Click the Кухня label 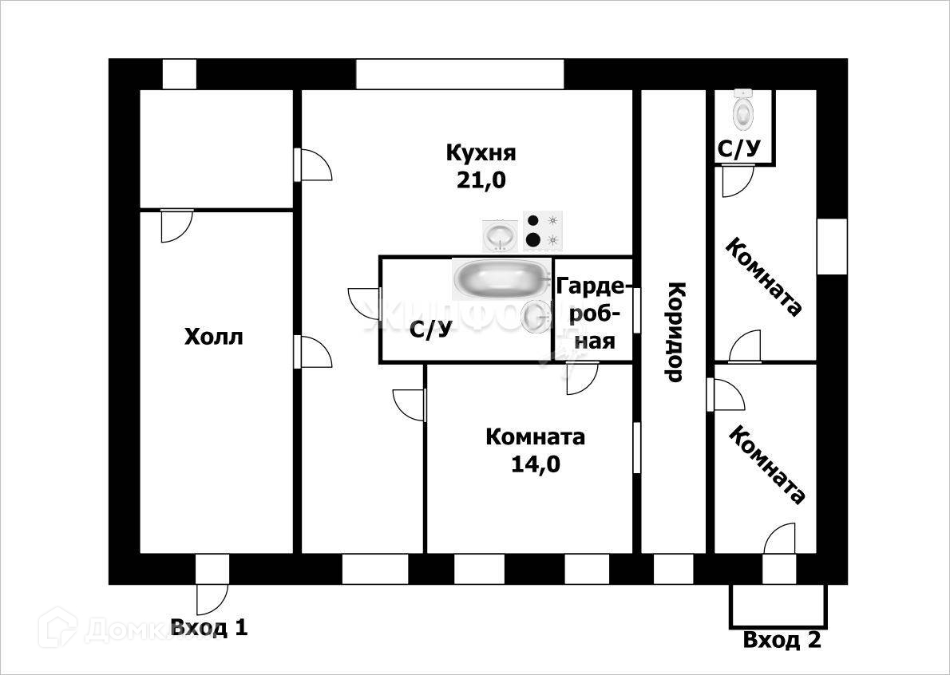[481, 152]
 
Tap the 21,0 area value [481, 180]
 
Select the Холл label [213, 337]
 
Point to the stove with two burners [543, 230]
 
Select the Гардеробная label [592, 313]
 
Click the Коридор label [675, 331]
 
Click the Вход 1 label [209, 628]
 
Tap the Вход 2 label [782, 640]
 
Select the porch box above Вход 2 [778, 606]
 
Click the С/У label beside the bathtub [430, 330]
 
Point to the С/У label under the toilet [739, 148]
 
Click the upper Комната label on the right [762, 278]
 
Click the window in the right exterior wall [832, 245]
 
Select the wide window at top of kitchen [460, 73]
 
